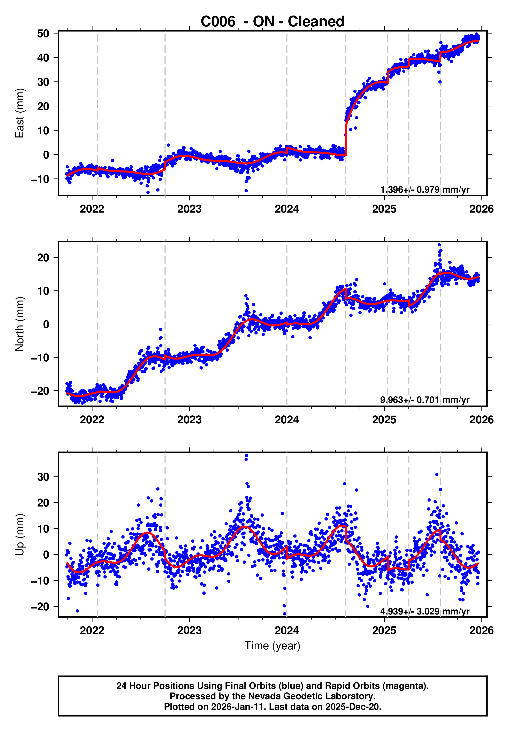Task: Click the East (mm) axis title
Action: [x=20, y=113]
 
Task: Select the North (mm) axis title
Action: [x=20, y=324]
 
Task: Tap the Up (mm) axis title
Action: [x=20, y=534]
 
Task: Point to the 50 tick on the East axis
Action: [x=43, y=34]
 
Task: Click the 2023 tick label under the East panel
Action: [x=189, y=209]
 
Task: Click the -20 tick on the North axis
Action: [x=40, y=391]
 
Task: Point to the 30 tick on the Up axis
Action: [x=43, y=477]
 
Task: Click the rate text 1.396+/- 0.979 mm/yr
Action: [x=424, y=190]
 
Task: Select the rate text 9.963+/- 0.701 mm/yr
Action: [x=424, y=400]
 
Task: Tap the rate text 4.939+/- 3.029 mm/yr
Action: [x=424, y=611]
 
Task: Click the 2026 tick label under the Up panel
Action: [x=481, y=630]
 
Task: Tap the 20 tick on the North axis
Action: [x=43, y=258]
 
